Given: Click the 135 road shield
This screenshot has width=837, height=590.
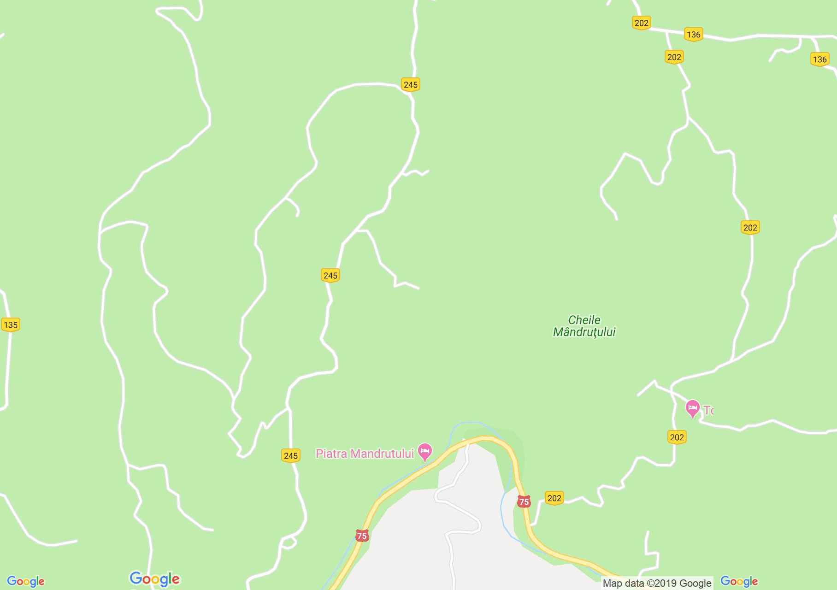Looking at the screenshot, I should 10,324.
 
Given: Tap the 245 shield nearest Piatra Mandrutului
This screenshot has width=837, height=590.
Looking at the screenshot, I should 291,456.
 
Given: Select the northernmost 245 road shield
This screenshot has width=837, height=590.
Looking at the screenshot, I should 410,85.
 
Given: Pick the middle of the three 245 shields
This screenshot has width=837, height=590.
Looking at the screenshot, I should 330,276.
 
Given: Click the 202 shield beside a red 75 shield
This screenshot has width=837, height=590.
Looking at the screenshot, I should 554,498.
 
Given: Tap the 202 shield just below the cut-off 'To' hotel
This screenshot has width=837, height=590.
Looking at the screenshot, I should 677,437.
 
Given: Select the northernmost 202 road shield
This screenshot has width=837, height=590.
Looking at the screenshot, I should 641,23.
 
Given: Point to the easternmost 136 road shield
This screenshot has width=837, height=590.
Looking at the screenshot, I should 819,59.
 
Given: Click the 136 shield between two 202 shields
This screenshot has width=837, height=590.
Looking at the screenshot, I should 693,35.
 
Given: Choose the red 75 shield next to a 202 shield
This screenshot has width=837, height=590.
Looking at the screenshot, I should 524,501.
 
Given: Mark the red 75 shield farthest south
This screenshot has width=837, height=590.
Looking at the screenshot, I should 362,536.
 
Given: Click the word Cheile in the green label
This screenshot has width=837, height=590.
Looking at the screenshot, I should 584,320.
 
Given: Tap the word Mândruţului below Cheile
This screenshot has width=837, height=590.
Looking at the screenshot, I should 584,332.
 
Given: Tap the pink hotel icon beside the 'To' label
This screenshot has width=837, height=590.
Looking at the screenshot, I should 692,408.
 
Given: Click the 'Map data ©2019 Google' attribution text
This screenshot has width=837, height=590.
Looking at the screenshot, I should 657,583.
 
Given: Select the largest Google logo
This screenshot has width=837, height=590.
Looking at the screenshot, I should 154,579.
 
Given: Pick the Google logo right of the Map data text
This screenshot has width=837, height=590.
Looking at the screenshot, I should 739,581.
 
